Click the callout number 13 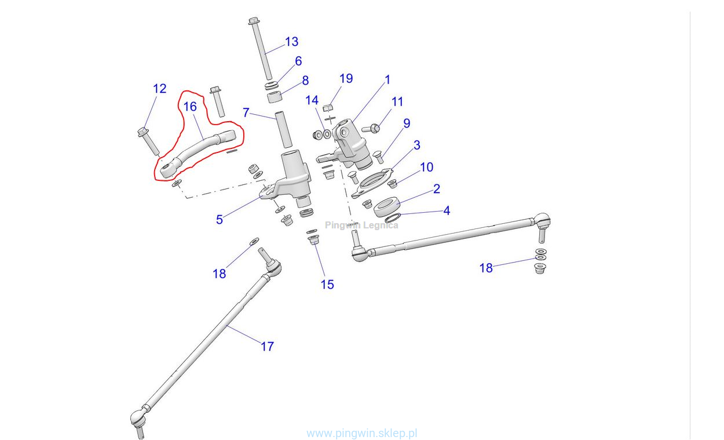tap(291, 42)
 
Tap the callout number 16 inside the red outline tap(190, 107)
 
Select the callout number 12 tap(159, 89)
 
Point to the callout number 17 tap(266, 347)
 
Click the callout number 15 tap(327, 285)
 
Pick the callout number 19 tap(346, 78)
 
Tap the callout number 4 tap(447, 211)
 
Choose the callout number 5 tap(220, 220)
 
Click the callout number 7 tap(246, 112)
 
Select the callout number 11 tap(397, 101)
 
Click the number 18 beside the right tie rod tap(486, 268)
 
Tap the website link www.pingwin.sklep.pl tap(362, 433)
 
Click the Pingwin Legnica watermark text tap(361, 226)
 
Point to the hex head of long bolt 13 tap(253, 21)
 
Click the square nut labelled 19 tap(327, 107)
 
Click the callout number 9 tap(407, 123)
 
